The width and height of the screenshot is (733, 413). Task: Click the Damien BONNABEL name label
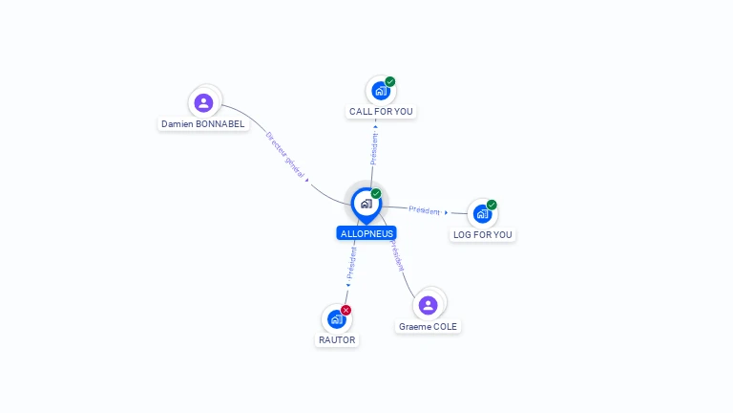203,124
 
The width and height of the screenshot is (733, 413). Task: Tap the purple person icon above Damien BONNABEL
203,102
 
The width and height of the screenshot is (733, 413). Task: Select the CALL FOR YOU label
381,112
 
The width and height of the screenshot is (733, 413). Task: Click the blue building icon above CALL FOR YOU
381,92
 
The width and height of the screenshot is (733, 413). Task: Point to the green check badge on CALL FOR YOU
390,82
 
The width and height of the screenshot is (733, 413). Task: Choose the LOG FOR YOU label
483,234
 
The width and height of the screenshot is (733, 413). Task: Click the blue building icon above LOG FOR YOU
482,214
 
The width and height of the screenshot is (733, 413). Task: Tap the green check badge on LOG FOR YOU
492,205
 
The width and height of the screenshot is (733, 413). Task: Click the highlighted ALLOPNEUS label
366,233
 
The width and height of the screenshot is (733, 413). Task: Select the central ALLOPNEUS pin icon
366,204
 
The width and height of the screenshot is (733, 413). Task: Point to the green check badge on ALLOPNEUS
376,194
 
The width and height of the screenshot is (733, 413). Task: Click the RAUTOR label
336,339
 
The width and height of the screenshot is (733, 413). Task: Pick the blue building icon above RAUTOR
336,319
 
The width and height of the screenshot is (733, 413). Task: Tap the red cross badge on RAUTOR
346,310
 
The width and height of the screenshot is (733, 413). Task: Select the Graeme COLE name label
428,326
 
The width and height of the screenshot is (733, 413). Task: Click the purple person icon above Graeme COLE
428,306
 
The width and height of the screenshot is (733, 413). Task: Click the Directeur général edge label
285,155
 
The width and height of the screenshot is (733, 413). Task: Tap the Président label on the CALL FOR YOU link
374,148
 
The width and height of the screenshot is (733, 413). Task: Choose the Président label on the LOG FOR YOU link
425,209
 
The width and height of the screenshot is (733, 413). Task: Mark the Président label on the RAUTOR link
351,262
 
